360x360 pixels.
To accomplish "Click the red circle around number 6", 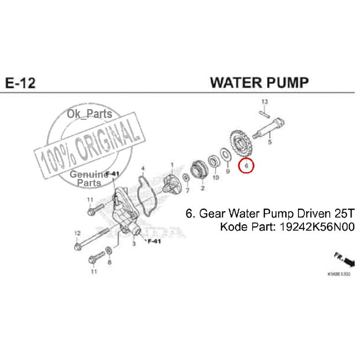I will click(246, 165).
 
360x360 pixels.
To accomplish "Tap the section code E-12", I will click(20, 82).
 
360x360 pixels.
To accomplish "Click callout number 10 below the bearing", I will click(215, 177).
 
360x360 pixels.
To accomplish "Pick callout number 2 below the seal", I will click(202, 188).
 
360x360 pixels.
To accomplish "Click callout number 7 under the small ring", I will click(187, 190).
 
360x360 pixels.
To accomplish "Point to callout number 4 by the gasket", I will click(143, 169).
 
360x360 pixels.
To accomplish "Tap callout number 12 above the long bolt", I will click(77, 233).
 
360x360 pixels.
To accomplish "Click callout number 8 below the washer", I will click(109, 262).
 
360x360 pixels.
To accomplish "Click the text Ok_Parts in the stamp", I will click(89, 115).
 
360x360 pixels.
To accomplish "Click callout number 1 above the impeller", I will click(172, 164).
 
